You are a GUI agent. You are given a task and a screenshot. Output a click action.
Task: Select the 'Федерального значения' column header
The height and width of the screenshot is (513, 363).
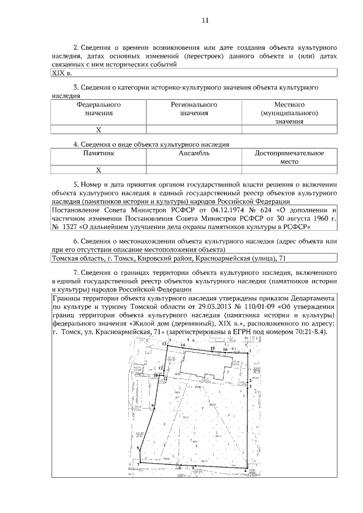pos(98,109)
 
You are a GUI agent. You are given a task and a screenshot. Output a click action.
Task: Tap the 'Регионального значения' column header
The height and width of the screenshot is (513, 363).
pos(194,109)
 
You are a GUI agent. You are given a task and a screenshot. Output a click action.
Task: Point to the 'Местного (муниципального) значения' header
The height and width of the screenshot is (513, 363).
pos(289,113)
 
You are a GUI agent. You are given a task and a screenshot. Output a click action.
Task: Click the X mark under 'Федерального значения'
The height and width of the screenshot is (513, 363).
pos(98,130)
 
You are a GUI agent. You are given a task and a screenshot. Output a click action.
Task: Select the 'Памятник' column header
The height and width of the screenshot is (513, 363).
pos(98,153)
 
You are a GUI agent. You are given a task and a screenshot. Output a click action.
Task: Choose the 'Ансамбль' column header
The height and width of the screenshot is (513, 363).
pos(194,153)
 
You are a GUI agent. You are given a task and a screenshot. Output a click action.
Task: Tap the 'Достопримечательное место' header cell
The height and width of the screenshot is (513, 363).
pos(289,157)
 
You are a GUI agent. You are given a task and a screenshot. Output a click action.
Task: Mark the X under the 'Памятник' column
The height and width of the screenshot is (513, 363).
pos(98,169)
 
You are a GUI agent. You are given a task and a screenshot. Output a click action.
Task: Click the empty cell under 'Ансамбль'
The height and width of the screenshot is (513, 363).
pos(194,169)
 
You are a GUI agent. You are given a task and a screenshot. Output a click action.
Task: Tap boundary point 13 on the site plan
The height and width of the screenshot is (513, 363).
pos(165,345)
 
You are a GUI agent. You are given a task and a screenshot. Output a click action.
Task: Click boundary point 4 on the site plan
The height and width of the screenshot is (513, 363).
pos(245,470)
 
